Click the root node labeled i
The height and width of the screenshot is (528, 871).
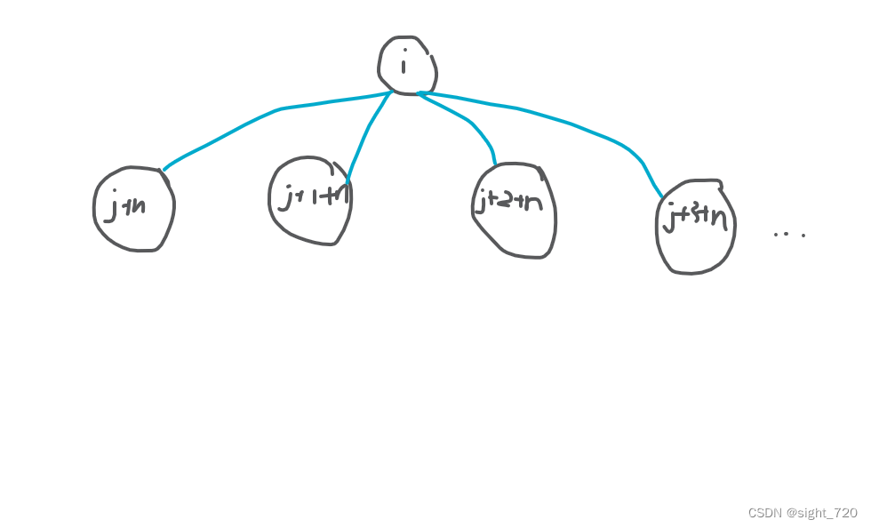pos(406,64)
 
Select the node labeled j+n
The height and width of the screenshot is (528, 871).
pos(133,209)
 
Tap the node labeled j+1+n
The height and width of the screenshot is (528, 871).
pos(310,200)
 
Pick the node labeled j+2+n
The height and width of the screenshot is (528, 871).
pos(514,211)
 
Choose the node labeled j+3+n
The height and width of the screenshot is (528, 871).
pos(696,226)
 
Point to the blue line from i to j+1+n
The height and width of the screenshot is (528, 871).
pos(366,133)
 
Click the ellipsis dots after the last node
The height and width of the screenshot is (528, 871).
pos(789,235)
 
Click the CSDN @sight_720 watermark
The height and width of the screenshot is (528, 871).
pos(803,513)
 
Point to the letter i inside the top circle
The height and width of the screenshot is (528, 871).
pos(404,64)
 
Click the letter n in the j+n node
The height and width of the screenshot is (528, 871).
pos(139,206)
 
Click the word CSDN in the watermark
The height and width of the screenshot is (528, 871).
pos(763,513)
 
